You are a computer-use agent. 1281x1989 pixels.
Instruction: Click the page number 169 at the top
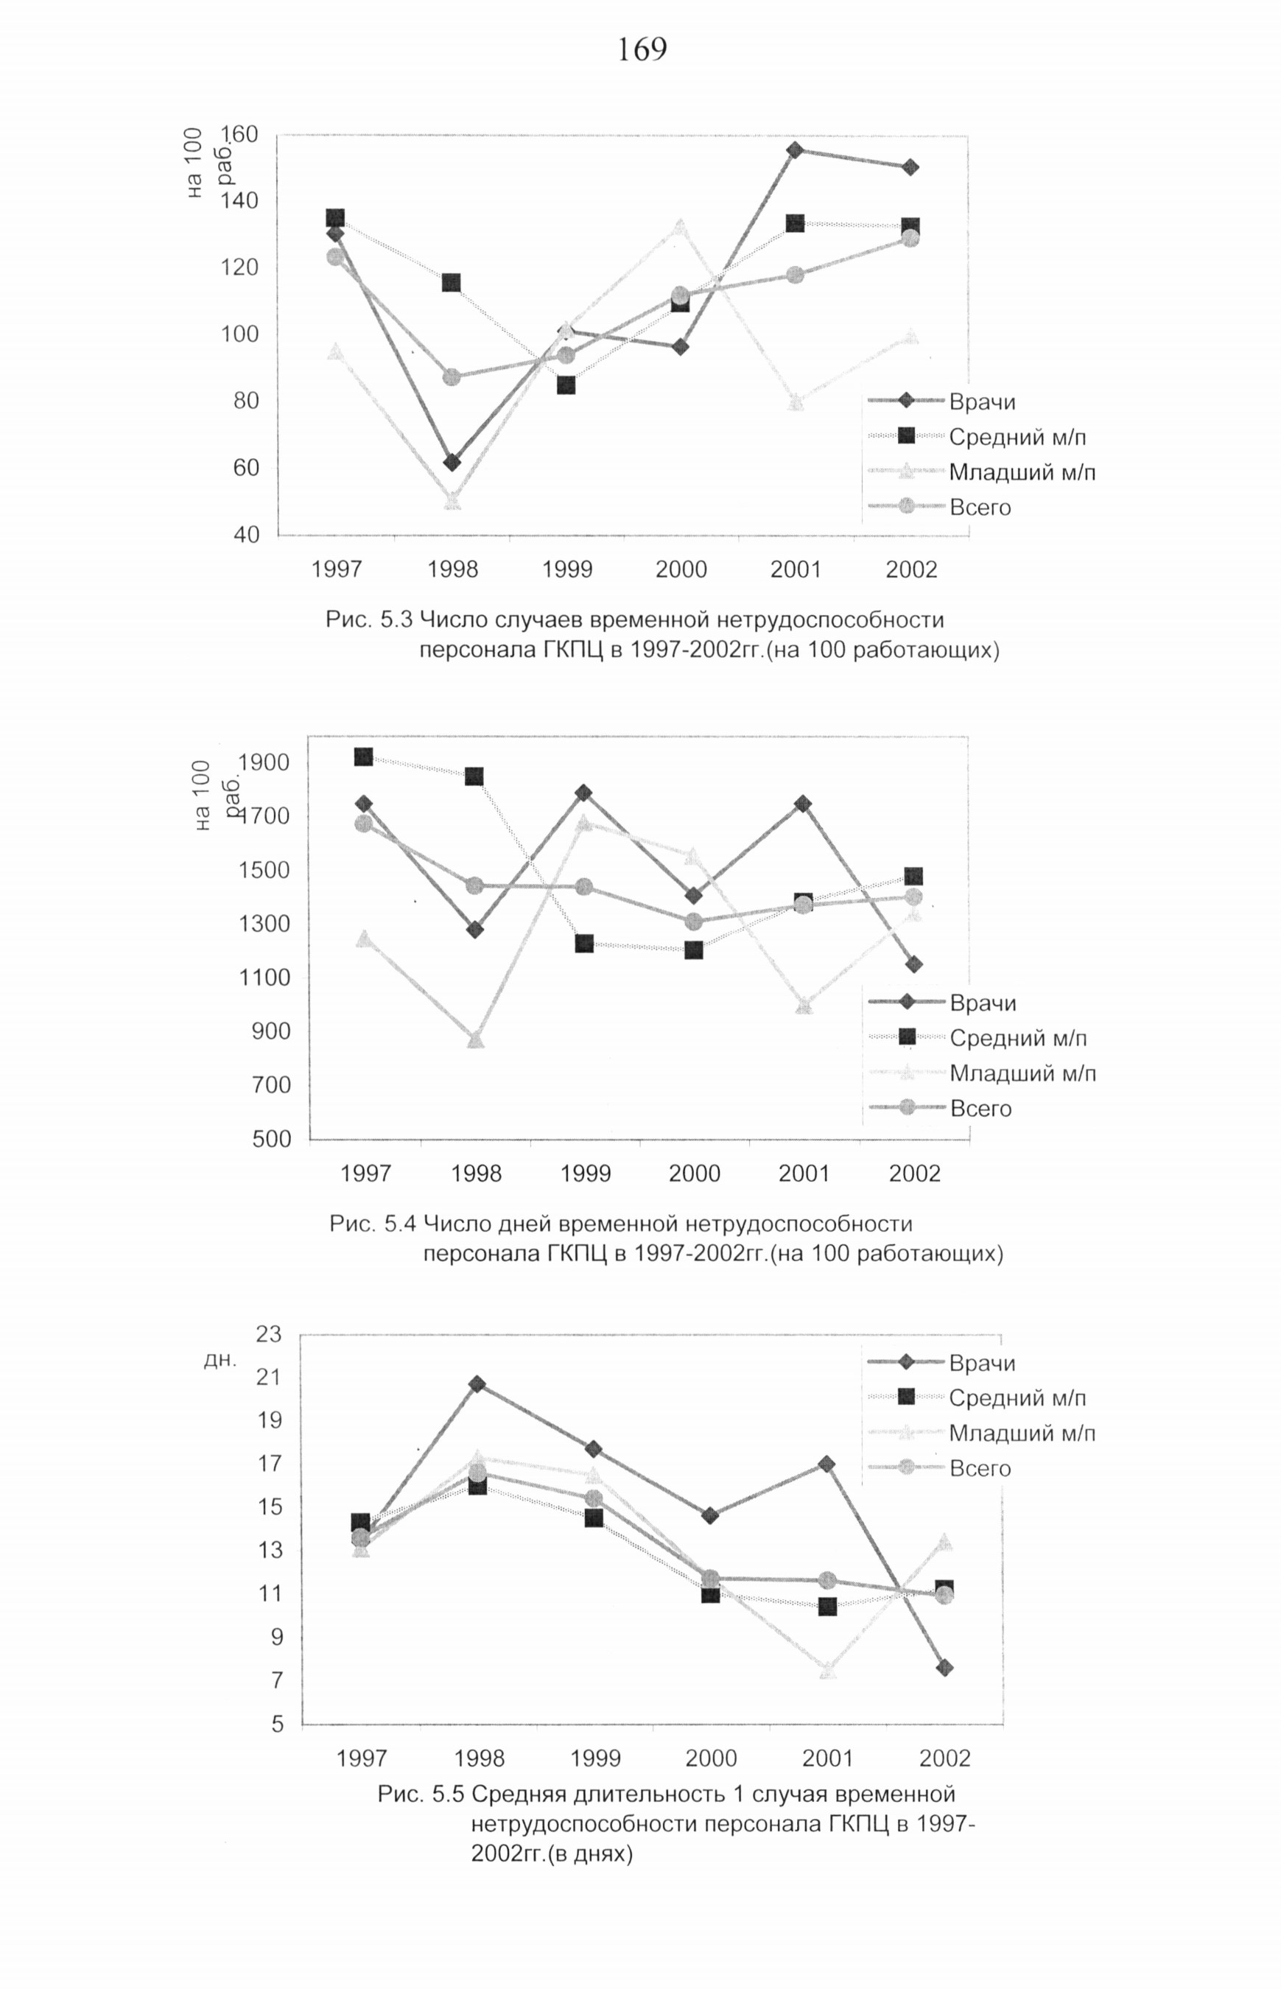click(642, 50)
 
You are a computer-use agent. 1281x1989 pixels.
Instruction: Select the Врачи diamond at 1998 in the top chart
click(452, 463)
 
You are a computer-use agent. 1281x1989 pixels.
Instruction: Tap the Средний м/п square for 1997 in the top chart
click(335, 218)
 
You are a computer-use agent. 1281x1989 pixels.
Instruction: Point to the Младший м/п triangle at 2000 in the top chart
click(681, 226)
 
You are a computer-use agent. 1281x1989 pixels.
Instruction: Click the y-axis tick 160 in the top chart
click(239, 135)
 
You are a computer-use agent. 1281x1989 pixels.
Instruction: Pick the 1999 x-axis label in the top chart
click(567, 570)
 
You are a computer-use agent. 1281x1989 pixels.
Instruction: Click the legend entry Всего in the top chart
click(980, 508)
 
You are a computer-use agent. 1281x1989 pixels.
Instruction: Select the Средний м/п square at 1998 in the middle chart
click(474, 776)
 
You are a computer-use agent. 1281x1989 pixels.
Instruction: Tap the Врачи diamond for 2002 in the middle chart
click(913, 964)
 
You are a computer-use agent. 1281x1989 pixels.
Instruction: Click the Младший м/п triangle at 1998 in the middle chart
click(475, 1040)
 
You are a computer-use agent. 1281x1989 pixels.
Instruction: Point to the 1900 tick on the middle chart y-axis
click(264, 763)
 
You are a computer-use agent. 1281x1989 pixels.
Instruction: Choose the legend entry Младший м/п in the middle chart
click(1022, 1073)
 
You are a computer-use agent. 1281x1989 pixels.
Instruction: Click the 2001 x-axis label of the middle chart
click(804, 1174)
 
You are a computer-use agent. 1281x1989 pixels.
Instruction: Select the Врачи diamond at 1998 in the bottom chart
click(477, 1384)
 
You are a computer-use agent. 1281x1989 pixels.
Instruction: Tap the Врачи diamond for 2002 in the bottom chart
click(944, 1668)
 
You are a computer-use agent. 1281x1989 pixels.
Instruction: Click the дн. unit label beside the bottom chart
click(220, 1360)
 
